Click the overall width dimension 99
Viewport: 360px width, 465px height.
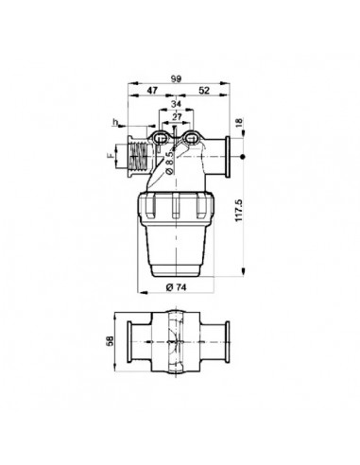click(x=176, y=78)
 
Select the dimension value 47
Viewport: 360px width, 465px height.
click(x=152, y=91)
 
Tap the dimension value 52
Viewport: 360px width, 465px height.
click(x=204, y=91)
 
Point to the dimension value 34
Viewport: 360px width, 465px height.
click(x=176, y=104)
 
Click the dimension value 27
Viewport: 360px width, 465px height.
click(x=177, y=117)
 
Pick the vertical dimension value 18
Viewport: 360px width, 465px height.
click(x=239, y=122)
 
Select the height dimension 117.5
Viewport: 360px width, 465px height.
click(x=239, y=210)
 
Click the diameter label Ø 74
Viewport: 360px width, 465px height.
click(x=176, y=287)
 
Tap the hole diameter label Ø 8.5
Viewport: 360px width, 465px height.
click(x=169, y=163)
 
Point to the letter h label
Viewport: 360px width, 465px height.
click(x=115, y=122)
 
